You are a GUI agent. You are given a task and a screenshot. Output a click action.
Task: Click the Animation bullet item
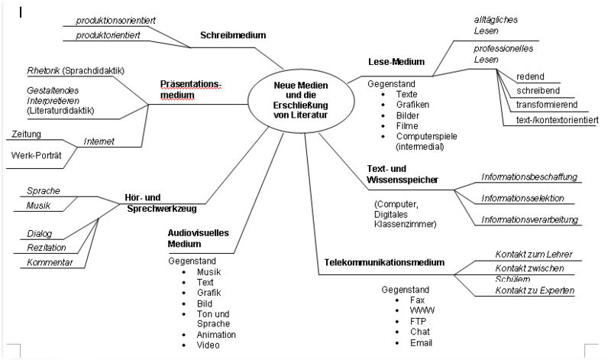point(216,335)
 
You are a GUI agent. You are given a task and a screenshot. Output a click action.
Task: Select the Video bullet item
point(208,345)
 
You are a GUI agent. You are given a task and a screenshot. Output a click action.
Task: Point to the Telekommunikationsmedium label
point(384,262)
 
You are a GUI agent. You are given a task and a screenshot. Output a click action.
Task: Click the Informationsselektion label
point(522,198)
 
